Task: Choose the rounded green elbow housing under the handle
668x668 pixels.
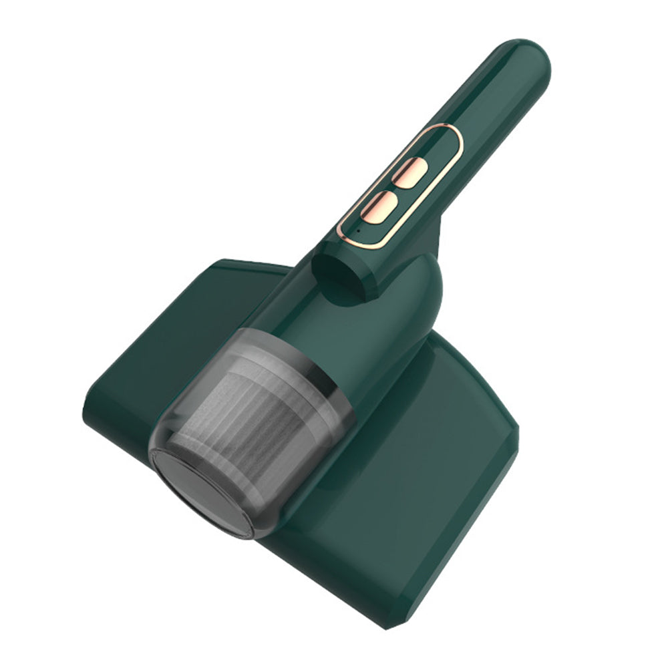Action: tap(407, 294)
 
